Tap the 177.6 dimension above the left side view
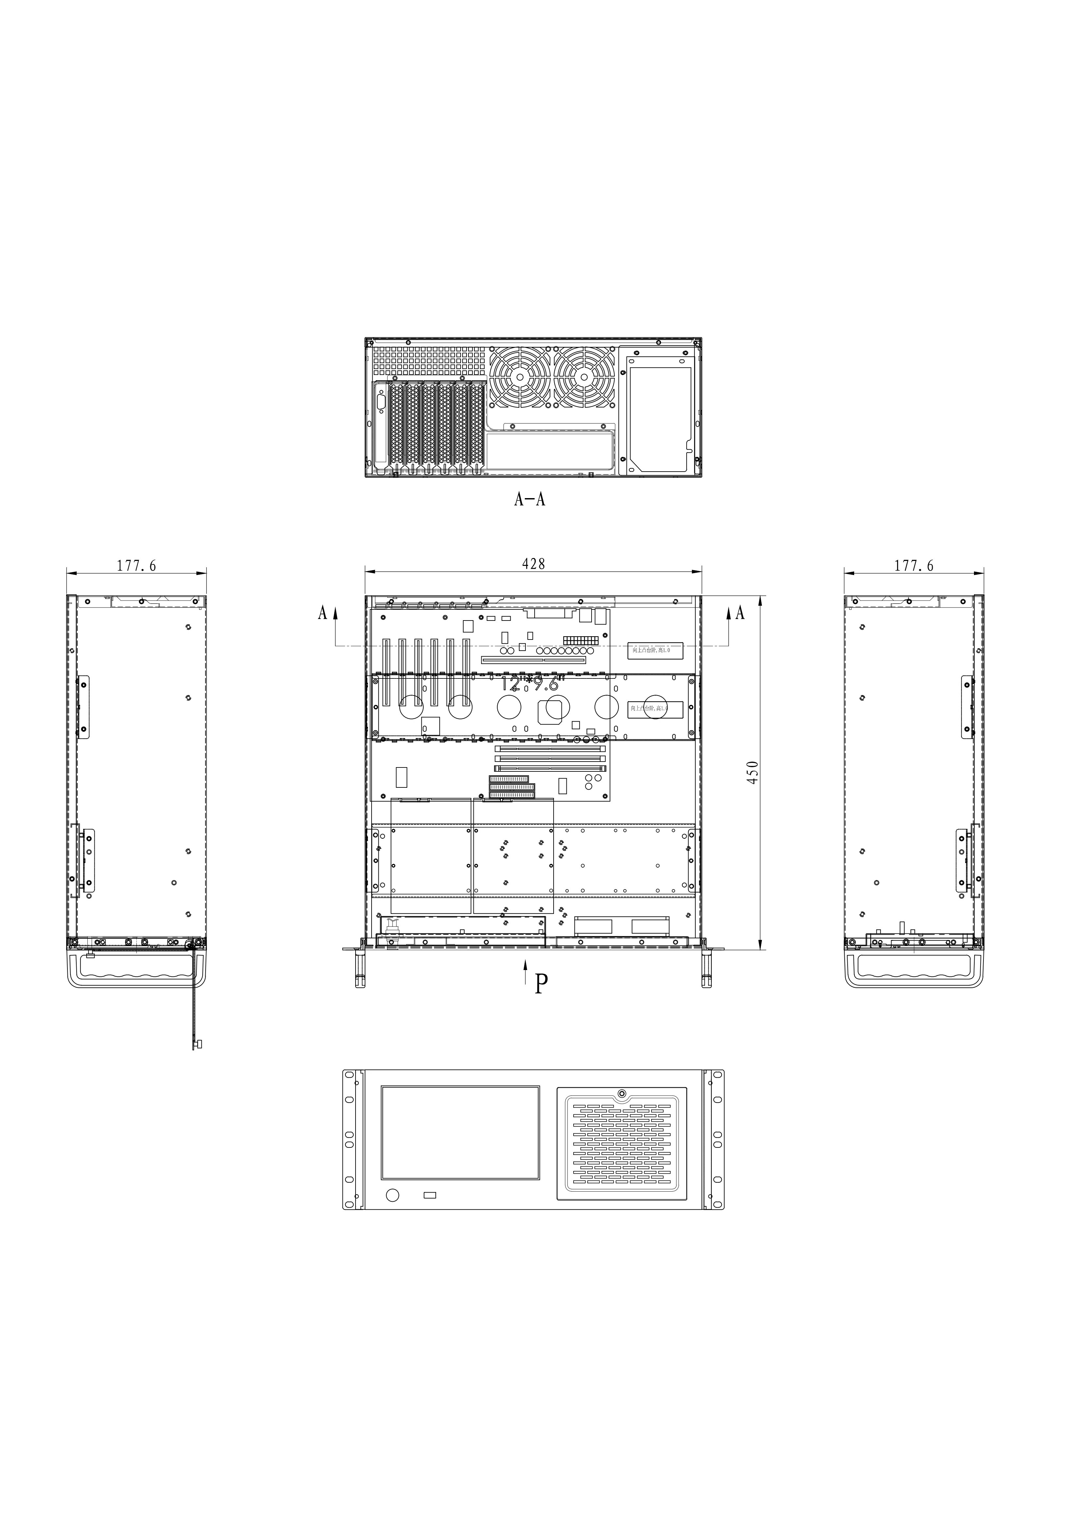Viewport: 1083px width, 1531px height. point(137,566)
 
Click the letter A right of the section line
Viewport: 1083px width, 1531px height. point(740,613)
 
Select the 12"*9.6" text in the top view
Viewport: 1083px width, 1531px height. point(530,683)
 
